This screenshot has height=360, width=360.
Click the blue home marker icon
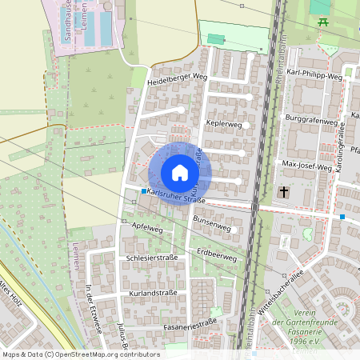(180, 172)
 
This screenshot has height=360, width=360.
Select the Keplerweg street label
(223, 125)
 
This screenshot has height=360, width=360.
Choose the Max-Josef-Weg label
(307, 167)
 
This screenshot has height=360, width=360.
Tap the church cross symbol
(284, 193)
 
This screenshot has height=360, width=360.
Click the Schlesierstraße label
(152, 259)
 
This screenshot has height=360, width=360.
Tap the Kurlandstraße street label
(152, 294)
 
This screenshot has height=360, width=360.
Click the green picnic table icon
(323, 22)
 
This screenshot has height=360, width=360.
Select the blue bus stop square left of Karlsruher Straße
(144, 191)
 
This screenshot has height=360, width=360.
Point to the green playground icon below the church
(306, 234)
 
